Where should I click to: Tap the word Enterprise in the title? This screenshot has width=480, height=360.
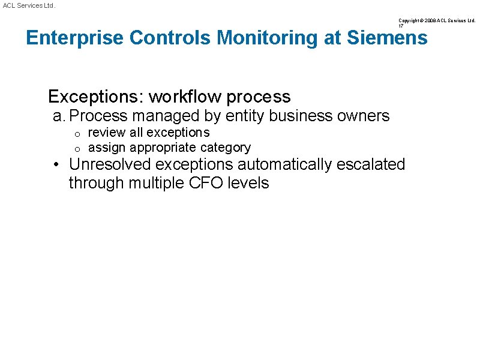[x=75, y=38]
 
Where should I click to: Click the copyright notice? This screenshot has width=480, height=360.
[x=436, y=20]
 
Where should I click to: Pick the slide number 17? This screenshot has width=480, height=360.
[x=401, y=26]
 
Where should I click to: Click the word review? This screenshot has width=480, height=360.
[x=106, y=132]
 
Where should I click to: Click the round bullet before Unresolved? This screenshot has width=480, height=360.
[x=55, y=164]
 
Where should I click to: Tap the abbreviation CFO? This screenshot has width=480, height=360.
[x=207, y=183]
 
